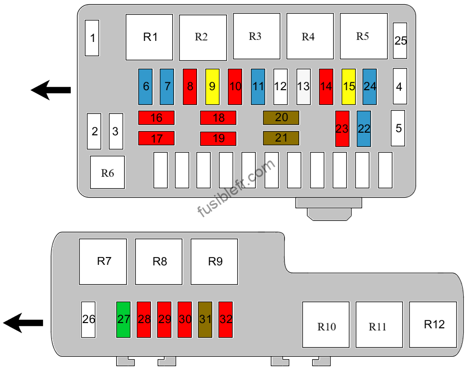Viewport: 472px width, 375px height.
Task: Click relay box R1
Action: pyautogui.click(x=149, y=37)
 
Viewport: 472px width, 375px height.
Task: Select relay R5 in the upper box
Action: pyautogui.click(x=364, y=36)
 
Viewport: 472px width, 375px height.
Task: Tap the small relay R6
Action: pyautogui.click(x=107, y=173)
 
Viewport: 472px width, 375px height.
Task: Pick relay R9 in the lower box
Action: pyautogui.click(x=214, y=262)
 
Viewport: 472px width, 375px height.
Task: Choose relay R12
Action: pyautogui.click(x=433, y=325)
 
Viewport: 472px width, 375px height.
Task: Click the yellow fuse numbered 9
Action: pyautogui.click(x=213, y=87)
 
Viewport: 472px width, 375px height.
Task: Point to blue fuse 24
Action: pyautogui.click(x=370, y=87)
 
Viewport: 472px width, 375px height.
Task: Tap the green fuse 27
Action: pyautogui.click(x=124, y=319)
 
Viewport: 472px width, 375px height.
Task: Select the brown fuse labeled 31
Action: pyautogui.click(x=205, y=319)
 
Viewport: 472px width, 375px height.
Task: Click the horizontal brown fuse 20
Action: pyautogui.click(x=281, y=117)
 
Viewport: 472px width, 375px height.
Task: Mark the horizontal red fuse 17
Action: pyautogui.click(x=156, y=138)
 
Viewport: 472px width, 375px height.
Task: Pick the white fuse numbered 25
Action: pyautogui.click(x=400, y=41)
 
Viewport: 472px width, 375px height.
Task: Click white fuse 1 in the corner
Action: pyautogui.click(x=92, y=38)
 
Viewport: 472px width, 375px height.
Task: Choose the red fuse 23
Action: pyautogui.click(x=342, y=128)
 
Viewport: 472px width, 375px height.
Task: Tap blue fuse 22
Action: pyautogui.click(x=364, y=128)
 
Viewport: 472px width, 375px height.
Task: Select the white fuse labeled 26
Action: pyautogui.click(x=88, y=319)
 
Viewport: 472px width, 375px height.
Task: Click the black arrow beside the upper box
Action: pyautogui.click(x=51, y=90)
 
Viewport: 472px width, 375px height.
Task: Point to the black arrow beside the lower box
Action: pyautogui.click(x=23, y=323)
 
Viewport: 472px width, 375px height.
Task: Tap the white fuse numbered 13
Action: pyautogui.click(x=303, y=87)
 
